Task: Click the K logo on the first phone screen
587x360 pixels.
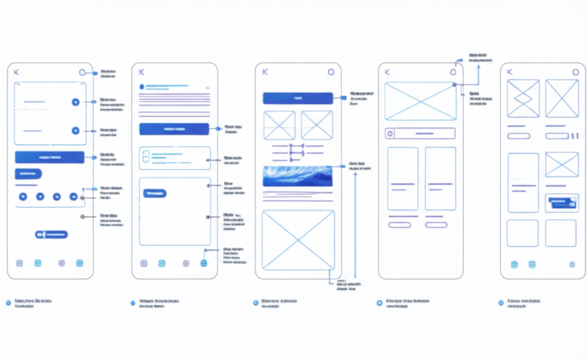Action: [16, 72]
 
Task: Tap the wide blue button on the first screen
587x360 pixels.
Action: [49, 157]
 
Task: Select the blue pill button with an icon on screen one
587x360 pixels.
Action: [52, 234]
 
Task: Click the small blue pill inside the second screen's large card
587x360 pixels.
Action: [155, 194]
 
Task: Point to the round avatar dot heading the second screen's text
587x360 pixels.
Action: [142, 87]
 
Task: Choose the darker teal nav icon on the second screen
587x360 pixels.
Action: [204, 263]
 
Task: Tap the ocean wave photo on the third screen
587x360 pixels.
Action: [298, 176]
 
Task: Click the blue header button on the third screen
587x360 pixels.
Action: [298, 98]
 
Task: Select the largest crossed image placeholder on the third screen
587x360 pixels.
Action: [298, 240]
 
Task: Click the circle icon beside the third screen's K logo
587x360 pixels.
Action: [331, 72]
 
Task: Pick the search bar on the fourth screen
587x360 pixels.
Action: [420, 134]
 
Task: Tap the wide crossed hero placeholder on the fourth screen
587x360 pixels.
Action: [420, 101]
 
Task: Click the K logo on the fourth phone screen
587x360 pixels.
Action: [387, 72]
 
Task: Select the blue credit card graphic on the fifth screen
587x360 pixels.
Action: [562, 203]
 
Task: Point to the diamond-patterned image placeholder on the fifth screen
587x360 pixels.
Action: [523, 99]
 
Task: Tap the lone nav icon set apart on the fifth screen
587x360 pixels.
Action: [572, 264]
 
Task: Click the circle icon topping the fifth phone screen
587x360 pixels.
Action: [576, 72]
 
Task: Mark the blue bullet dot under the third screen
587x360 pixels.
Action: [256, 303]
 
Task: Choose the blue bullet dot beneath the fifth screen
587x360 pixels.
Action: [501, 303]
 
